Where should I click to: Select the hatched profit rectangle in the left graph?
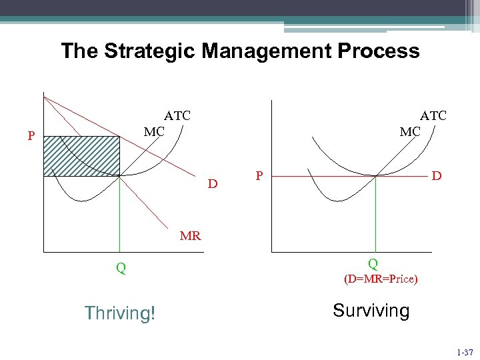[81, 156]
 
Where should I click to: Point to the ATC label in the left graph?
[177, 115]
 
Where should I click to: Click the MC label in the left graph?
[154, 131]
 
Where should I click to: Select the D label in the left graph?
[212, 183]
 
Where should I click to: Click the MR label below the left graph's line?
[190, 235]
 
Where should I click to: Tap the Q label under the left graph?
[121, 269]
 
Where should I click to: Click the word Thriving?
[120, 313]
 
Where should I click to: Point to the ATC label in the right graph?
[433, 115]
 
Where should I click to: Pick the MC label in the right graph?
[410, 132]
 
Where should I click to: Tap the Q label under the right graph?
[373, 264]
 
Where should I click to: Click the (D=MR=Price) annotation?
[381, 279]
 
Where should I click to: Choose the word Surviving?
[371, 311]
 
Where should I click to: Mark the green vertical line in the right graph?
[376, 213]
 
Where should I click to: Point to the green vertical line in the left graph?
[120, 213]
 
